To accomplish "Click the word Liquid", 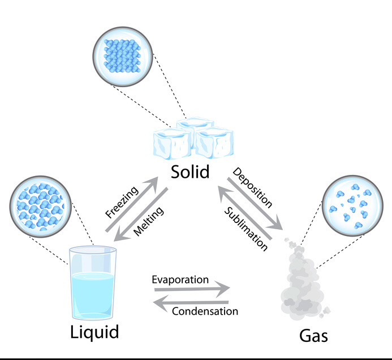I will point(95,332).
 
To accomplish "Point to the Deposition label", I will point(253,187).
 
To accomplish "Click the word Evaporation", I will point(180,280).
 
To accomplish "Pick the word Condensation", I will point(205,311).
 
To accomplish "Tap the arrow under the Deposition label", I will point(255,204).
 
